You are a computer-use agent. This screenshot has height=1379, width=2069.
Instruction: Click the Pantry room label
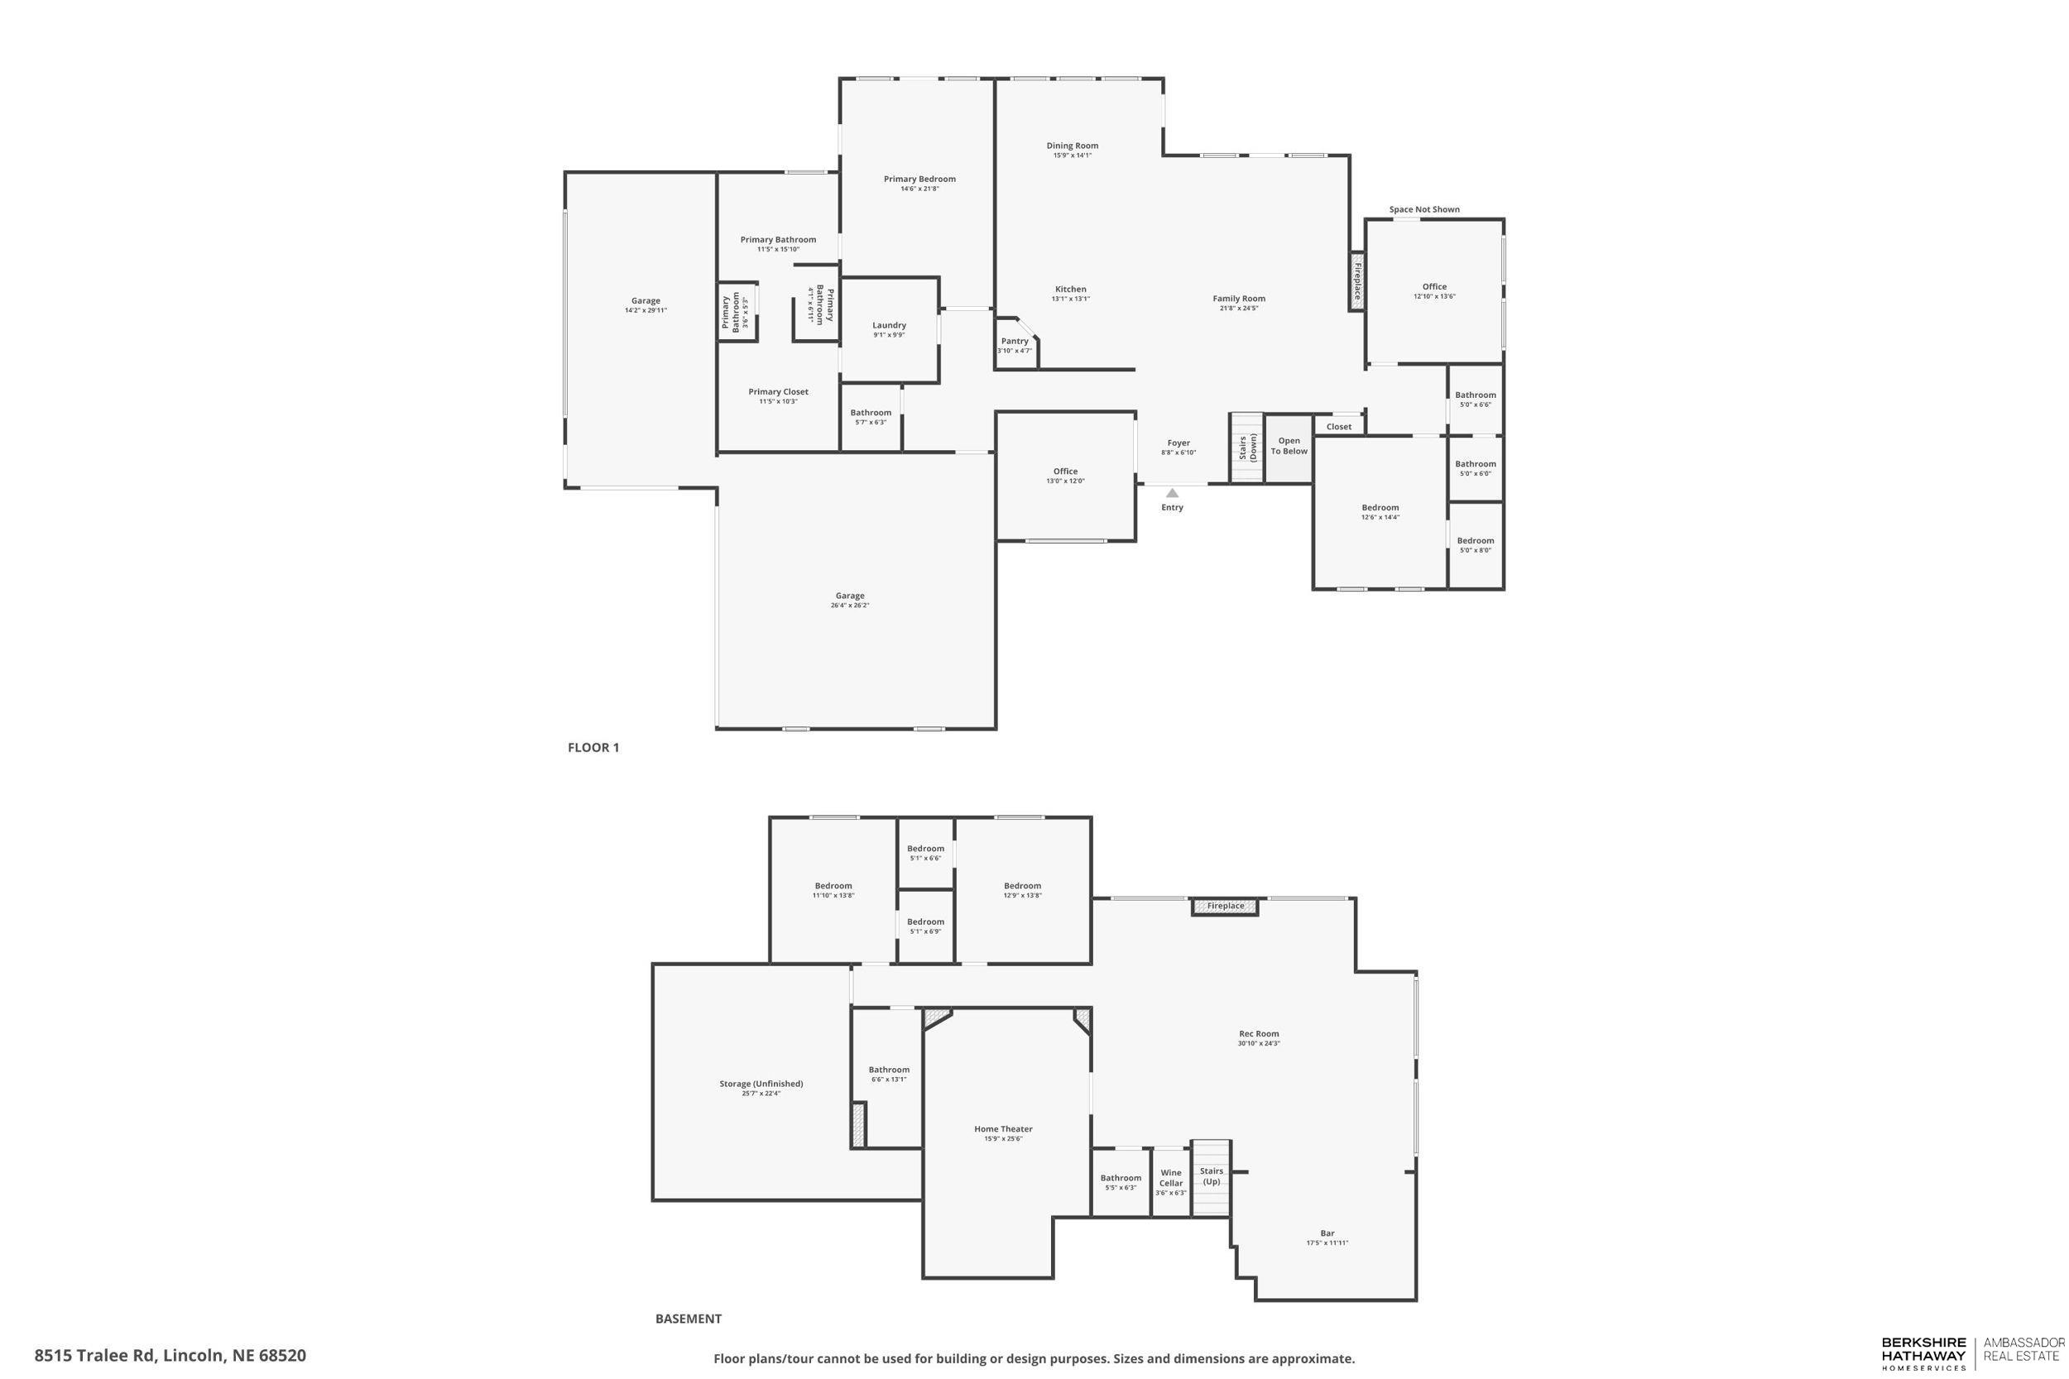click(x=1015, y=341)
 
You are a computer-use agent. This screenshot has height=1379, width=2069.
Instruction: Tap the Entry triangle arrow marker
click(x=1172, y=493)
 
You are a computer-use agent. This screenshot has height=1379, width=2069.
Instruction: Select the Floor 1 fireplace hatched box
click(x=1357, y=281)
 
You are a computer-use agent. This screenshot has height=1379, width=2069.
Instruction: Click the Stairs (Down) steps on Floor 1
click(x=1246, y=448)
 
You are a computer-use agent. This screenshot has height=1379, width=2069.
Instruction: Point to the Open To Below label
click(x=1289, y=447)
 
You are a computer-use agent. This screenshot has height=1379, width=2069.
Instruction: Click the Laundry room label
click(x=889, y=325)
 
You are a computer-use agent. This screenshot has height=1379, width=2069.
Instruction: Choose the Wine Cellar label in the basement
click(x=1171, y=1178)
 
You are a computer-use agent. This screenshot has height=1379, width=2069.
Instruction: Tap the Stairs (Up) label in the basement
click(x=1212, y=1176)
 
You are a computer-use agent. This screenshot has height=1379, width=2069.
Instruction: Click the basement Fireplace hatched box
click(x=1226, y=906)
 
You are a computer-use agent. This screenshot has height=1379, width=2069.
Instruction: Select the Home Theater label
click(x=1003, y=1129)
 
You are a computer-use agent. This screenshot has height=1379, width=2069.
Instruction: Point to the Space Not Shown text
click(x=1424, y=209)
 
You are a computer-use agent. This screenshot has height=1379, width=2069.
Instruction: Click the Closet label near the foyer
click(x=1339, y=427)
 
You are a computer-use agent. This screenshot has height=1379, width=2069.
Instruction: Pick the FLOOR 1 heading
click(x=593, y=748)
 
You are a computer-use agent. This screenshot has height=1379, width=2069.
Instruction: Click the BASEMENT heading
click(x=688, y=1319)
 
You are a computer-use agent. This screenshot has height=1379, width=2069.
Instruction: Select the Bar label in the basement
click(x=1327, y=1233)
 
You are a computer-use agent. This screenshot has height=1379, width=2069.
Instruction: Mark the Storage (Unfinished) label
click(x=761, y=1084)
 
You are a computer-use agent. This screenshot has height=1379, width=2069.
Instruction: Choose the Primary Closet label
click(x=778, y=392)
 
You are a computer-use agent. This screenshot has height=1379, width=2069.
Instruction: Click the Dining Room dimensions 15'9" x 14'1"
click(x=1073, y=156)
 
